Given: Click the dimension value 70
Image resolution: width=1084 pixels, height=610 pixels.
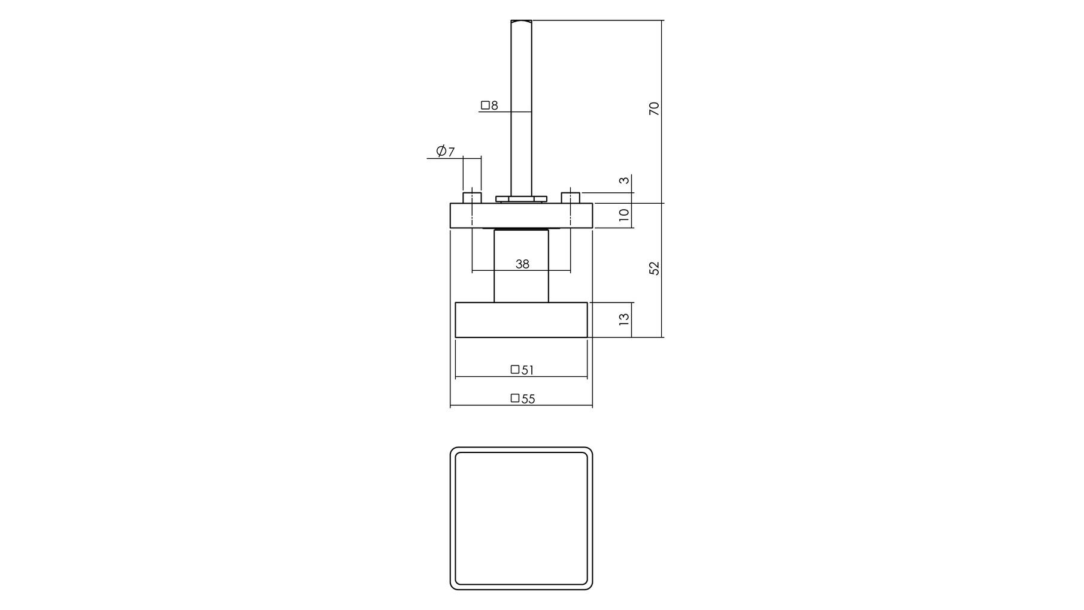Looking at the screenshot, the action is (654, 108).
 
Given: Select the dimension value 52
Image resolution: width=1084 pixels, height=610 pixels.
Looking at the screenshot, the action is (654, 268).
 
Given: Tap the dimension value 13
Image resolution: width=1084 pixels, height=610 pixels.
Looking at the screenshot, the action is (624, 319).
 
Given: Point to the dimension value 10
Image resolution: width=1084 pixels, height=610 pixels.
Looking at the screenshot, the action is (624, 215).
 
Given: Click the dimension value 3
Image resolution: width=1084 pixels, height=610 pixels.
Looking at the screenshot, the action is (624, 180).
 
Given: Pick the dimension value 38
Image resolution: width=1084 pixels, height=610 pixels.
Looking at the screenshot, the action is (522, 264).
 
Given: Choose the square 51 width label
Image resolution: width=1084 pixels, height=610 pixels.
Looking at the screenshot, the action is (522, 370).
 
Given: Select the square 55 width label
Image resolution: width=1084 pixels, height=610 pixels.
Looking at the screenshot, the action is (523, 398).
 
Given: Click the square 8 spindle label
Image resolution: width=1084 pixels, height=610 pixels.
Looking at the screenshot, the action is (489, 105).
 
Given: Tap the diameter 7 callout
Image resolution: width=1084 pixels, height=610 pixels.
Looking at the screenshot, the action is (446, 151).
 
